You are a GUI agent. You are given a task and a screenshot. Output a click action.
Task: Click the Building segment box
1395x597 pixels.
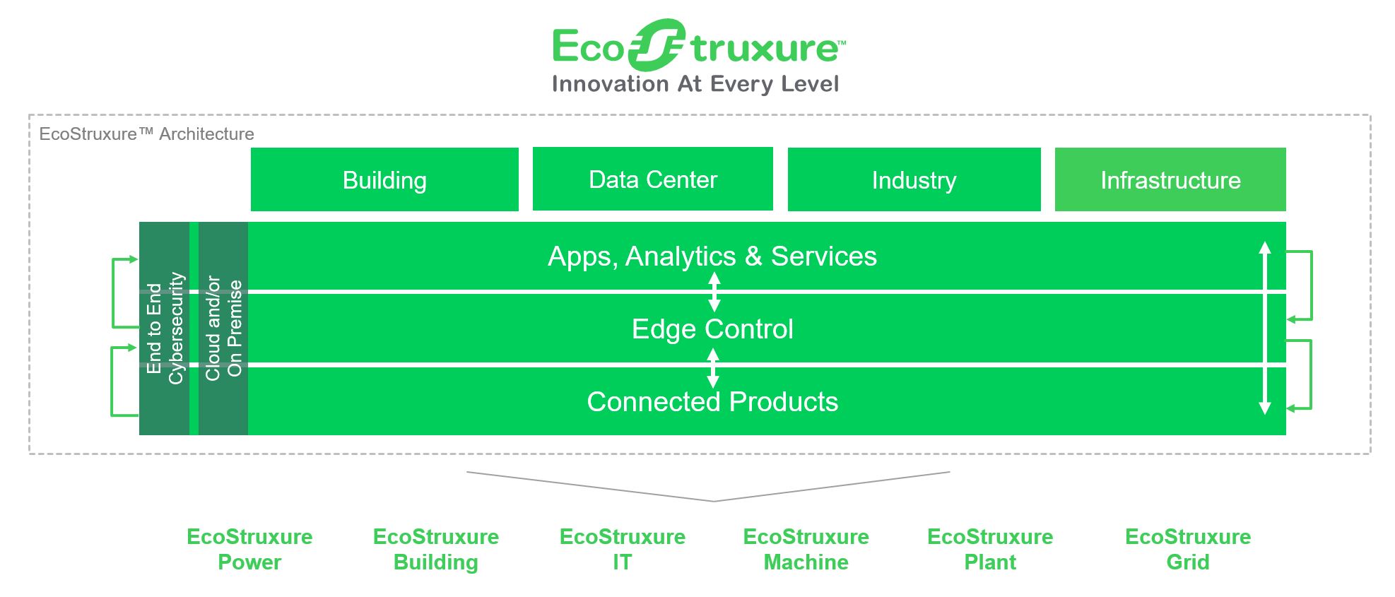(384, 179)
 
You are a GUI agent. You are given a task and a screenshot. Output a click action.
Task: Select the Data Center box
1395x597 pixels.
(653, 179)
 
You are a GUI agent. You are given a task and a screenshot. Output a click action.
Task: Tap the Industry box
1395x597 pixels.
(914, 179)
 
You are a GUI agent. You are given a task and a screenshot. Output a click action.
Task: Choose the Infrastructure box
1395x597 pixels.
(1170, 179)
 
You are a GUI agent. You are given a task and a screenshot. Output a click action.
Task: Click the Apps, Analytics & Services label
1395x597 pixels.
(712, 256)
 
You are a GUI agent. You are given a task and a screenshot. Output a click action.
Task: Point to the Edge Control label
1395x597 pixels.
(712, 329)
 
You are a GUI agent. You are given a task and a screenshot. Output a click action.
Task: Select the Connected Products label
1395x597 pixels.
(712, 401)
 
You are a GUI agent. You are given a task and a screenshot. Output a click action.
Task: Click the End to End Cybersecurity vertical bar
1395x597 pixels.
(165, 329)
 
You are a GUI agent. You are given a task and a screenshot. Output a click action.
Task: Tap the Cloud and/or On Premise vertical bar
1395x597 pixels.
(223, 329)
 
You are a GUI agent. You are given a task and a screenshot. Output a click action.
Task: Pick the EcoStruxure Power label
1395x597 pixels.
(249, 549)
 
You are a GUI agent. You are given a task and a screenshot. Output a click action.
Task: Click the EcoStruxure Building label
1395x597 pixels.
(436, 549)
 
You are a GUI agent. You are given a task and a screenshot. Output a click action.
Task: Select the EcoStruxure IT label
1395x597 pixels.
(623, 549)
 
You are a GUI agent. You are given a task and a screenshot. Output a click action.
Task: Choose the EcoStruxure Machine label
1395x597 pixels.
(806, 549)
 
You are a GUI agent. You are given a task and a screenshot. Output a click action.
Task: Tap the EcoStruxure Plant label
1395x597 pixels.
(990, 549)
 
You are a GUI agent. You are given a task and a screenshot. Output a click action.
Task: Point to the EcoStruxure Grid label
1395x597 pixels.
(1188, 549)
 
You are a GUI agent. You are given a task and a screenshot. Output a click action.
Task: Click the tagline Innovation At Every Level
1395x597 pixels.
(695, 84)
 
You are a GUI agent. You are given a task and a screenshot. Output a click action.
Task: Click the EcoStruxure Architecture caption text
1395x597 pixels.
(146, 134)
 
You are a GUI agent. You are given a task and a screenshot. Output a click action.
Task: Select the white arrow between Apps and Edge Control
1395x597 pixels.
(714, 292)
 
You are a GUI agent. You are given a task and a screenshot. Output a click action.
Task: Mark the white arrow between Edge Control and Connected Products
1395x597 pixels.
(713, 367)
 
